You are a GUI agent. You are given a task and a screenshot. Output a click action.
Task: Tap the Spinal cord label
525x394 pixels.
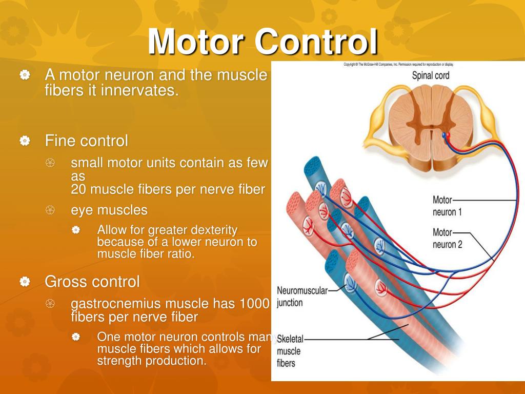click(431, 75)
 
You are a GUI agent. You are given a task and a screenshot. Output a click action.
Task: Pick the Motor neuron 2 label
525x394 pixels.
click(447, 239)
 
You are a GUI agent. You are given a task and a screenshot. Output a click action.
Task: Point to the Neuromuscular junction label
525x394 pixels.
click(302, 297)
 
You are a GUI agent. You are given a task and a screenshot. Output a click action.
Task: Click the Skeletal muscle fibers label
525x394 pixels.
click(290, 351)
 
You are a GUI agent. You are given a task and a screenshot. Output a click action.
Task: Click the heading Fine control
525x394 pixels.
click(86, 140)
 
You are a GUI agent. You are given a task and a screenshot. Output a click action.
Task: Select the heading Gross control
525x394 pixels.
click(92, 281)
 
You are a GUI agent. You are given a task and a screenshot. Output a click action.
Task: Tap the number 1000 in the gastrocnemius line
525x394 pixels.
click(254, 304)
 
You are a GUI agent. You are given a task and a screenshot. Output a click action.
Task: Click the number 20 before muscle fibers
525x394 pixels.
click(78, 189)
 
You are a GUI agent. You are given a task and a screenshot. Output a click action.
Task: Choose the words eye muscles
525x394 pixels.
click(109, 210)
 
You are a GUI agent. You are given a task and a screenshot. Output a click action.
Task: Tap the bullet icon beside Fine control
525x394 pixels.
click(25, 141)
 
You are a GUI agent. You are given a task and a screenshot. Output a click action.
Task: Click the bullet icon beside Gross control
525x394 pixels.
click(25, 282)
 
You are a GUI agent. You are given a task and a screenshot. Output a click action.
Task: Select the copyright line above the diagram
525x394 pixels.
click(398, 65)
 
